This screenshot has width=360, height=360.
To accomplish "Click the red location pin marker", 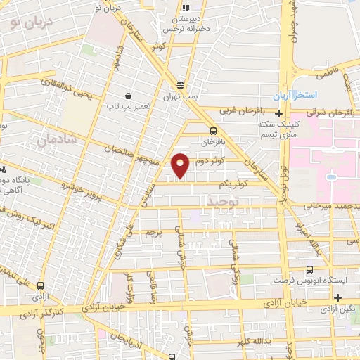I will click(181, 165).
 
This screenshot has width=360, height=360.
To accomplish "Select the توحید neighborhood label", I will click(224, 202).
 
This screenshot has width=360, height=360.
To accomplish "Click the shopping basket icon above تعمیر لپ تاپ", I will click(129, 95).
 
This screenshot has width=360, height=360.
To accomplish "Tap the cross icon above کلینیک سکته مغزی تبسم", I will click(279, 113).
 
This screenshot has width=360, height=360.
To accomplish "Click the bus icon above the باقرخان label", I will click(214, 130).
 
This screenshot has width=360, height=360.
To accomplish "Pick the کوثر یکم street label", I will click(232, 184).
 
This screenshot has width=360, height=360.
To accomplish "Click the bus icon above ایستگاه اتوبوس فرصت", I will click(310, 268).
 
